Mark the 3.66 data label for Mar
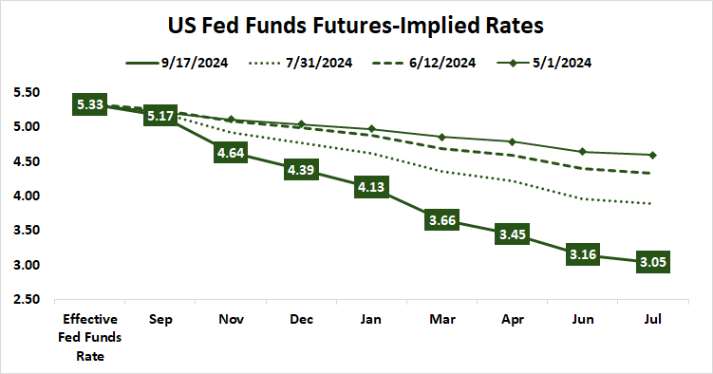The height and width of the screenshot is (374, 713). (x=441, y=219)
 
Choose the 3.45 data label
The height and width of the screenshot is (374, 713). (x=512, y=234)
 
